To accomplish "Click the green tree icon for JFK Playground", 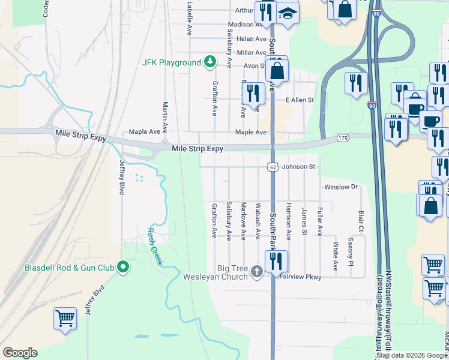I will pyautogui.click(x=209, y=62).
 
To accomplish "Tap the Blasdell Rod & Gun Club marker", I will pyautogui.click(x=123, y=267).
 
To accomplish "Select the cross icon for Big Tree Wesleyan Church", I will pyautogui.click(x=256, y=272).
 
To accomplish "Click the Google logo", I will pyautogui.click(x=19, y=353).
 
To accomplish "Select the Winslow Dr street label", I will pyautogui.click(x=340, y=187).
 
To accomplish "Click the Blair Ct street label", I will pyautogui.click(x=361, y=221).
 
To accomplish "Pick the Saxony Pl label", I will pyautogui.click(x=351, y=249).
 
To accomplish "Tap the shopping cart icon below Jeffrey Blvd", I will pyautogui.click(x=64, y=318).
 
